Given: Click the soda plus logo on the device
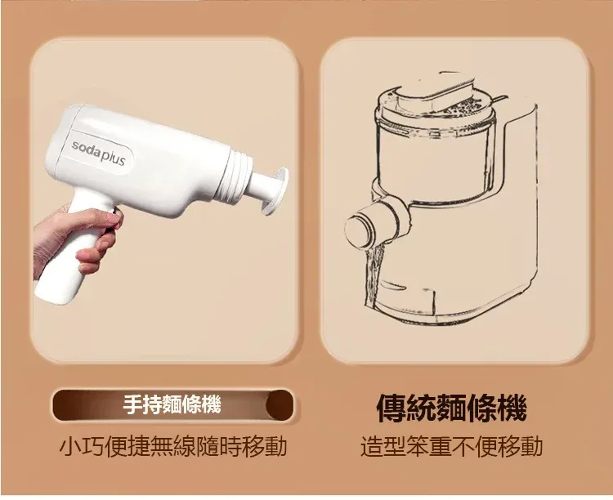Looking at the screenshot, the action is click(99, 154).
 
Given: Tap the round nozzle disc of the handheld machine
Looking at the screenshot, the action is click(276, 190).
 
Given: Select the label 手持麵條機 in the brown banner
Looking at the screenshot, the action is click(172, 404).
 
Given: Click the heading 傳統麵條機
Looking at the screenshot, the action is click(451, 408).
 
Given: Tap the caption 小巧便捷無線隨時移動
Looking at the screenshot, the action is click(173, 446).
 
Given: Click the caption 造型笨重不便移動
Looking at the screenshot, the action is click(451, 446).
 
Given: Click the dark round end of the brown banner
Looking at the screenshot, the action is click(280, 404).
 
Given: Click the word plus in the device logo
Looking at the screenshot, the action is click(113, 157).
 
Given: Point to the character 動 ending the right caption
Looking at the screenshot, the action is click(532, 446).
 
